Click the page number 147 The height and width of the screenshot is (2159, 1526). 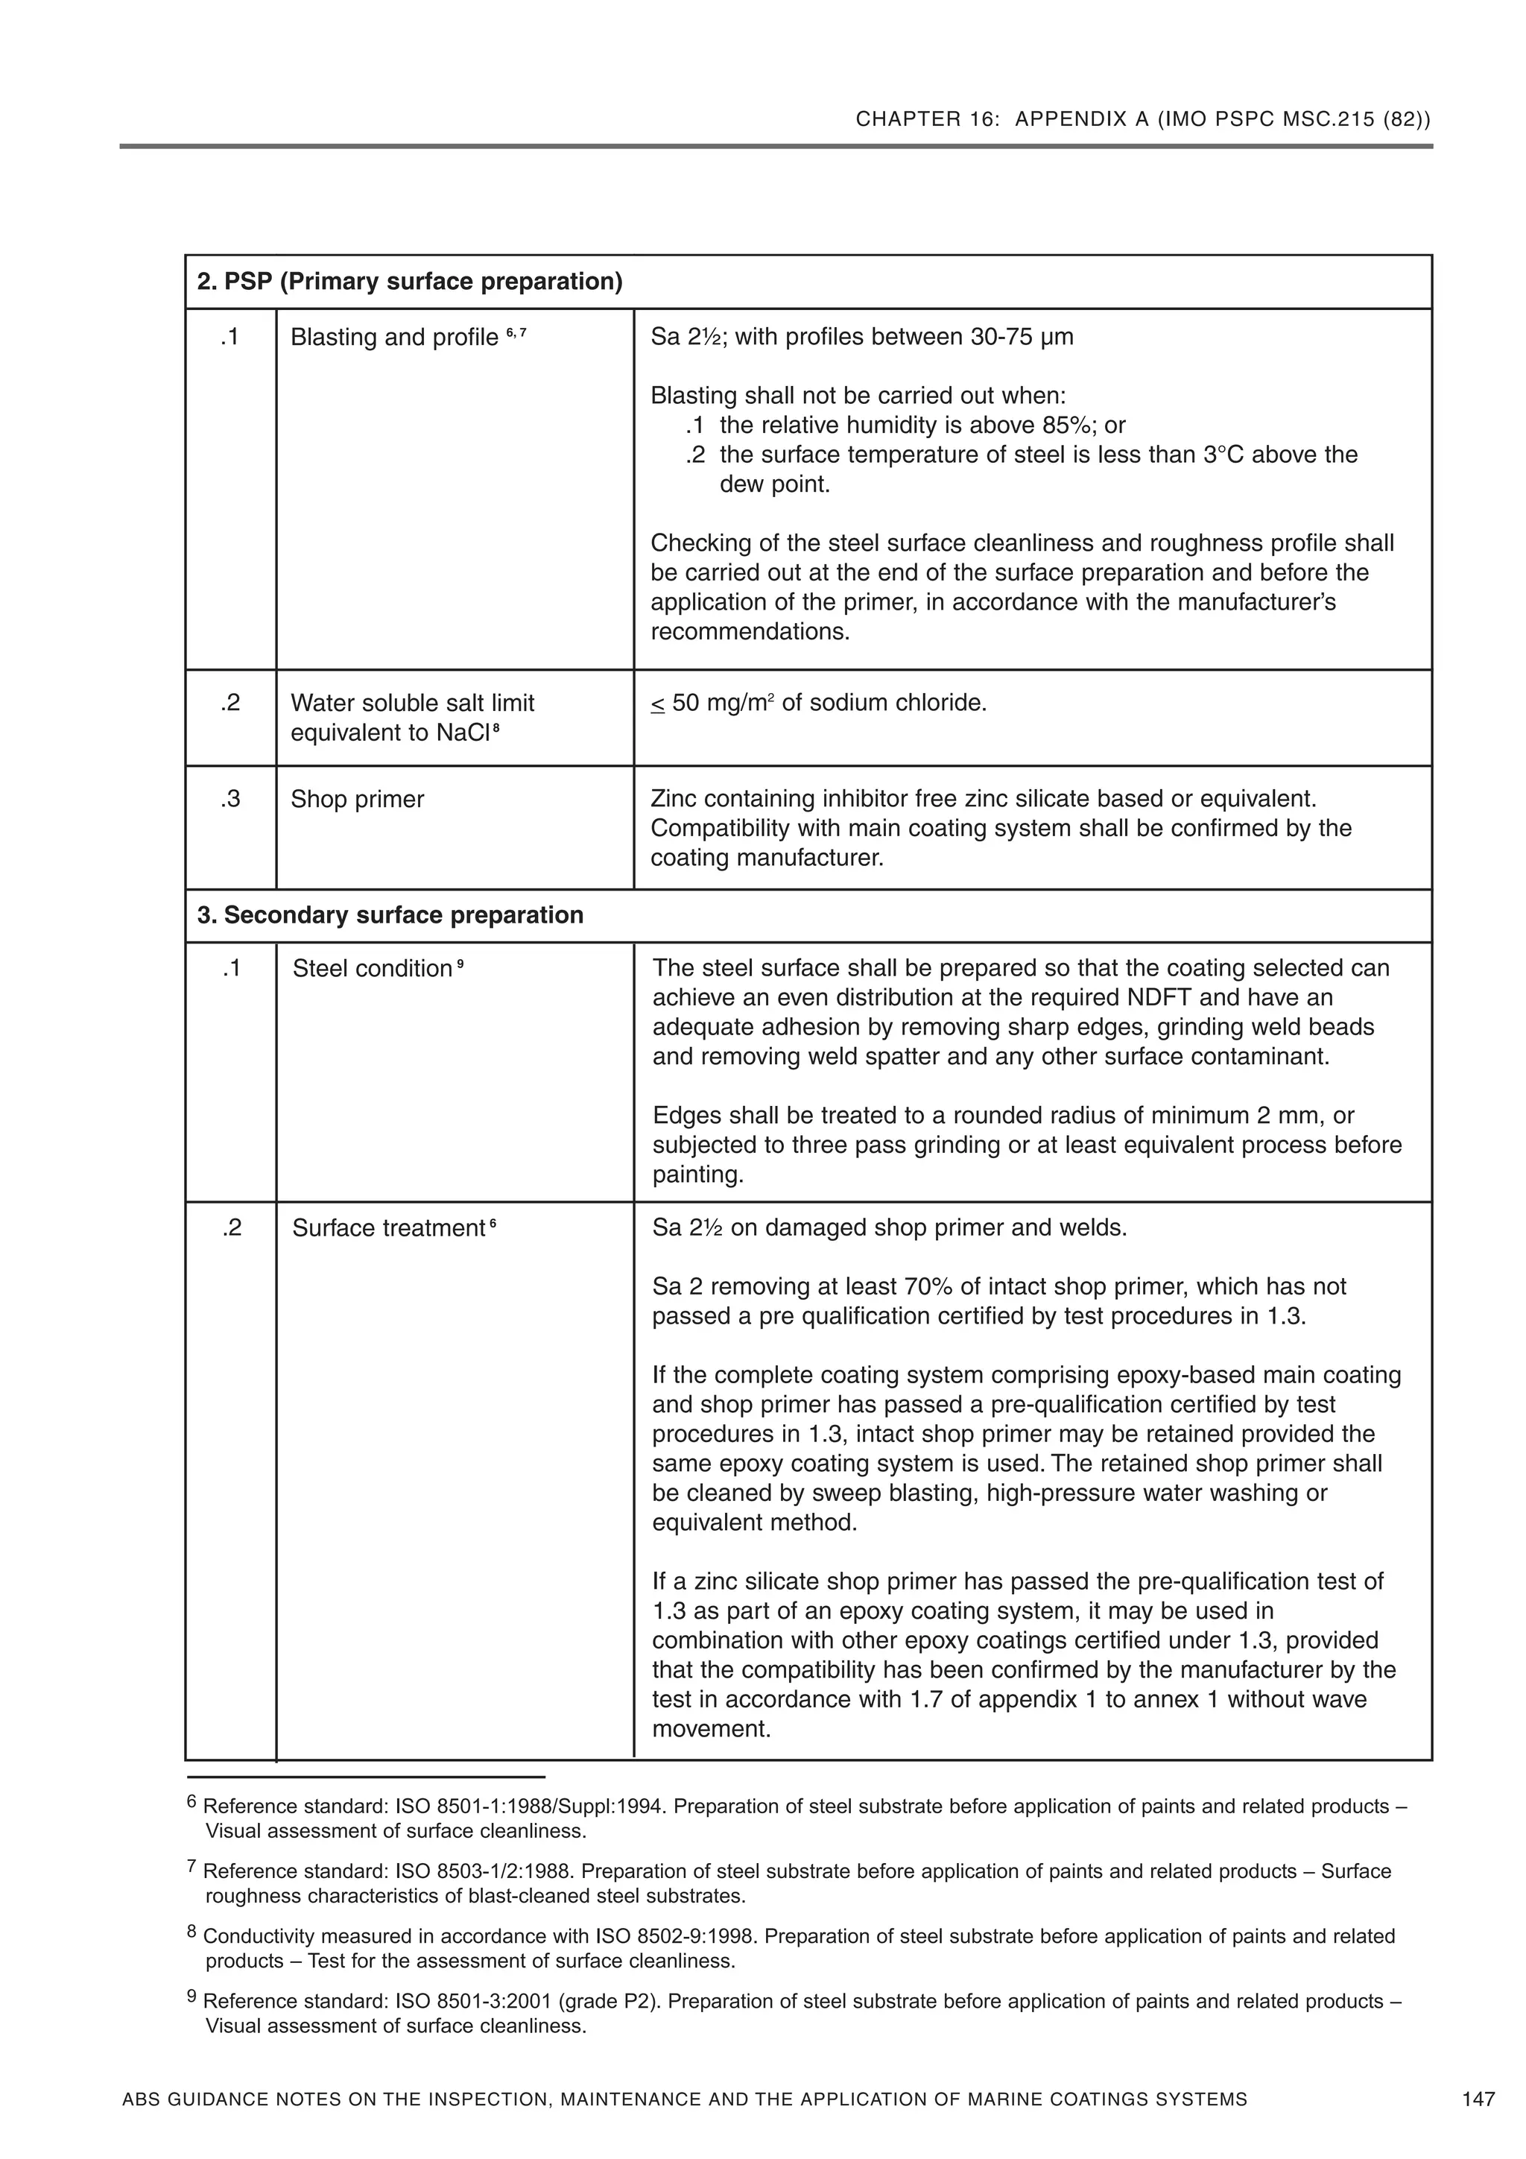[x=1478, y=2099]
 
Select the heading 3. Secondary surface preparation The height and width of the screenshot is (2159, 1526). [x=390, y=915]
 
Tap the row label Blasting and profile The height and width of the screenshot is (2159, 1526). [x=394, y=337]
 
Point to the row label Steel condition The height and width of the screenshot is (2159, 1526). [x=373, y=969]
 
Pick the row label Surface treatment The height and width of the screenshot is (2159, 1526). [x=387, y=1228]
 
